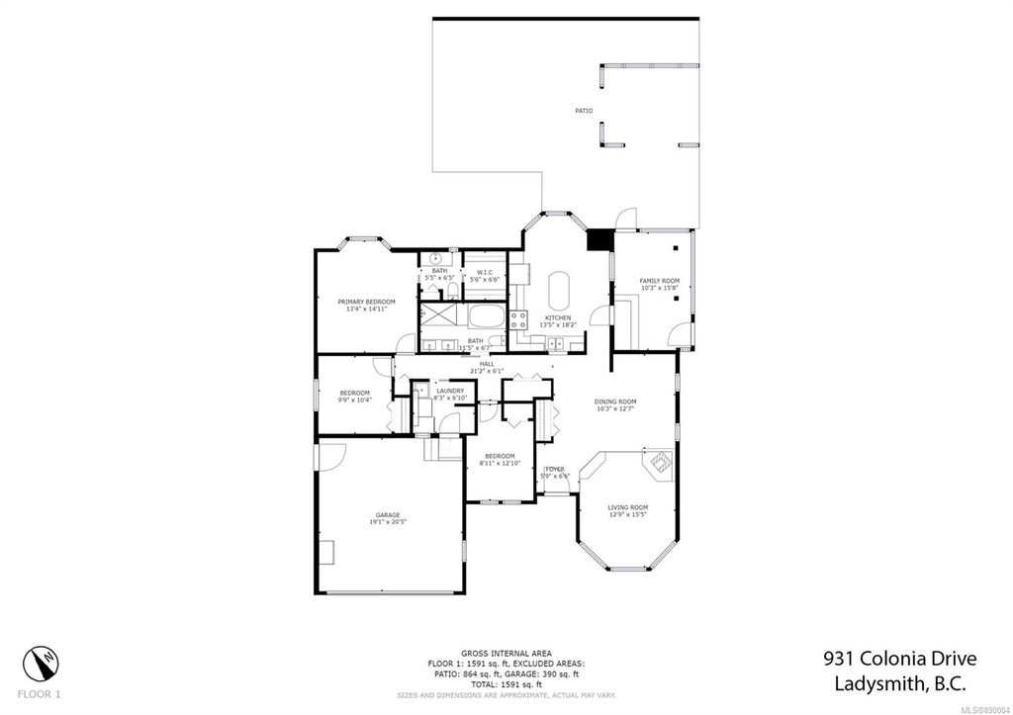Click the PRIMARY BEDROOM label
click(x=366, y=301)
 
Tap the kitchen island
click(x=559, y=291)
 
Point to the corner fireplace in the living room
click(x=657, y=462)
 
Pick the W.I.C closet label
click(x=485, y=272)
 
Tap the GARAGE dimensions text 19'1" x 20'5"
click(x=387, y=522)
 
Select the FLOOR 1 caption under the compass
click(x=40, y=694)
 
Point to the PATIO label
click(x=585, y=111)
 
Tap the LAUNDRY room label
click(x=450, y=392)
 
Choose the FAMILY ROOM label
click(x=659, y=281)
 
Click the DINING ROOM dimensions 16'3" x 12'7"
click(x=614, y=408)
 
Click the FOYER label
click(x=555, y=469)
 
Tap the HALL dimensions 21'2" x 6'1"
click(x=487, y=371)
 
